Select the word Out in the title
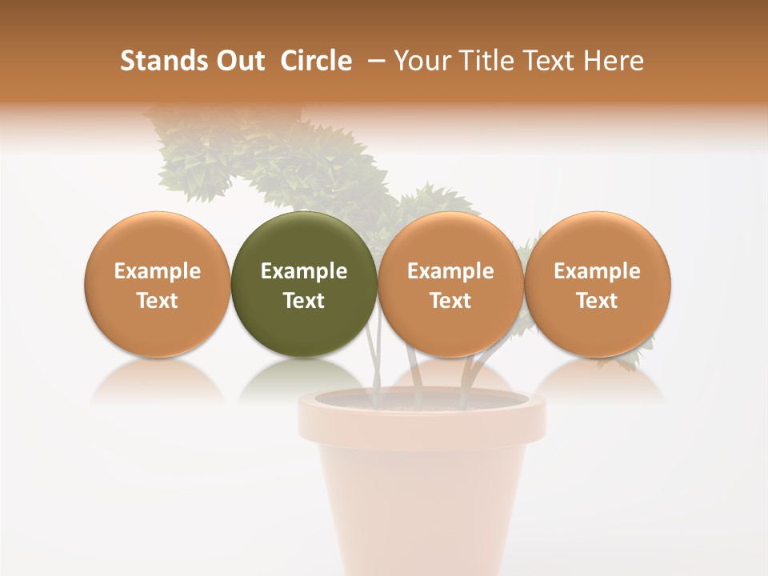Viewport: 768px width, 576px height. tap(239, 61)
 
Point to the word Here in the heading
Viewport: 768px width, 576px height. tap(614, 61)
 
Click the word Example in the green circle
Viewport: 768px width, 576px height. tap(304, 271)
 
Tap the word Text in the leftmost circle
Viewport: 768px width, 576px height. tap(157, 301)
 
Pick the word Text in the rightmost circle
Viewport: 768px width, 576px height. tap(597, 301)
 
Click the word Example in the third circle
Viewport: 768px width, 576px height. tap(450, 271)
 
